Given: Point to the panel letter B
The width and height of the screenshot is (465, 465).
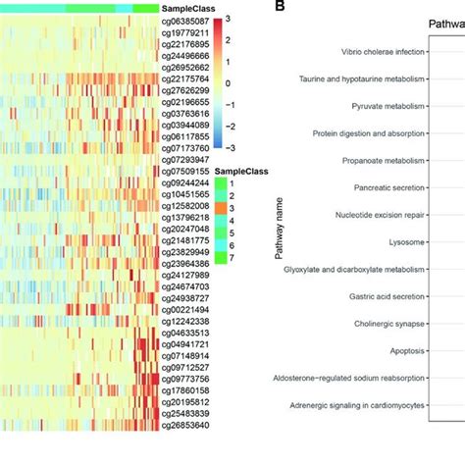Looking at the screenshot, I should click(x=280, y=6).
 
